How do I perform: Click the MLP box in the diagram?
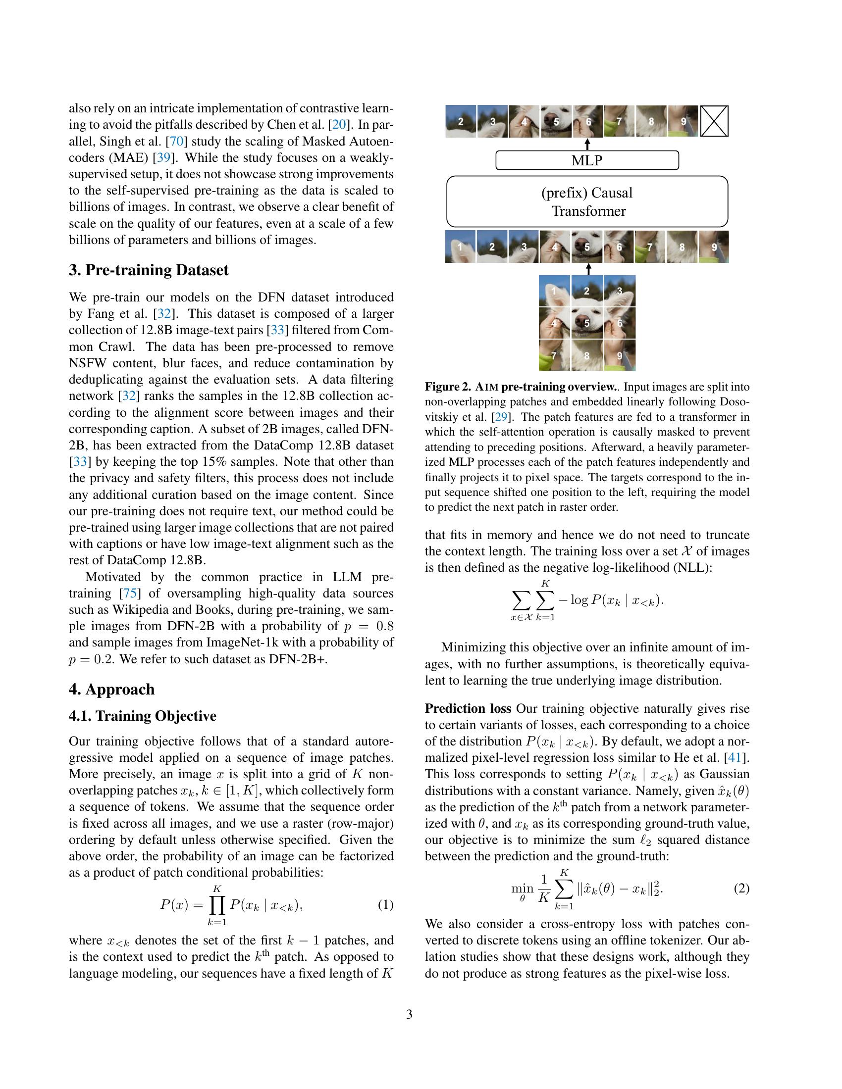click(x=586, y=160)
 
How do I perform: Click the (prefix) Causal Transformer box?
click(x=586, y=201)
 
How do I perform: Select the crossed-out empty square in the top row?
click(x=714, y=121)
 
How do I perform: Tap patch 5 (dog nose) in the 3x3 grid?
click(x=586, y=323)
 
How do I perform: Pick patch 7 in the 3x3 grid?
click(x=554, y=355)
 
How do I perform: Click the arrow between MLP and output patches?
click(x=587, y=144)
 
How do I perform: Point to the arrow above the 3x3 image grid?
click(x=588, y=269)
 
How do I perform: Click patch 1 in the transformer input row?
click(x=461, y=247)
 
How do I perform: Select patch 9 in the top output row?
click(x=683, y=121)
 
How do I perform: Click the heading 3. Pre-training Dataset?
click(x=149, y=270)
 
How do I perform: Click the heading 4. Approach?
click(x=112, y=690)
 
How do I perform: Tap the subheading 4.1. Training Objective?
click(x=143, y=716)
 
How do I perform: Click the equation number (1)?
click(x=385, y=904)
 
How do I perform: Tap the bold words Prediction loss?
click(x=468, y=708)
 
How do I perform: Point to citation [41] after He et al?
click(x=736, y=757)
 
